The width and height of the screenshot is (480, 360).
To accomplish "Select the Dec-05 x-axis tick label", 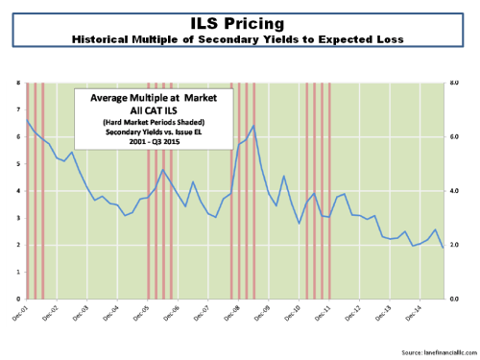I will click(x=147, y=311).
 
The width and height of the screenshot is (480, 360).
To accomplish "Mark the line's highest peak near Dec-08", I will click(x=253, y=126).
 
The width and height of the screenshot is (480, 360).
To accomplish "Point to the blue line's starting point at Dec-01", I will click(x=26, y=119).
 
